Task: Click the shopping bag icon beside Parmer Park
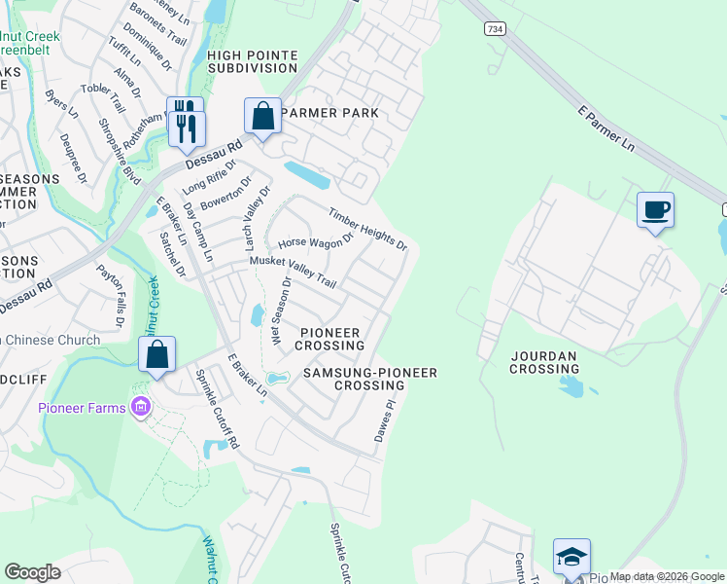pyautogui.click(x=262, y=116)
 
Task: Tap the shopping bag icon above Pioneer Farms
pyautogui.click(x=157, y=354)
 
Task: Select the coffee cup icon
pyautogui.click(x=655, y=209)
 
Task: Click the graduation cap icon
pyautogui.click(x=572, y=557)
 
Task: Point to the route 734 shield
pyautogui.click(x=496, y=30)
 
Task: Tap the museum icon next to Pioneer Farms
pyautogui.click(x=141, y=407)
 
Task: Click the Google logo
pyautogui.click(x=32, y=572)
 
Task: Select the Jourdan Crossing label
pyautogui.click(x=544, y=362)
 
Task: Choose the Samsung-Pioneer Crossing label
pyautogui.click(x=369, y=379)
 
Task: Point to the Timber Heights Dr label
pyautogui.click(x=367, y=230)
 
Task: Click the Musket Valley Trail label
pyautogui.click(x=293, y=272)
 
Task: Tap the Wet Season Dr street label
pyautogui.click(x=280, y=310)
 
